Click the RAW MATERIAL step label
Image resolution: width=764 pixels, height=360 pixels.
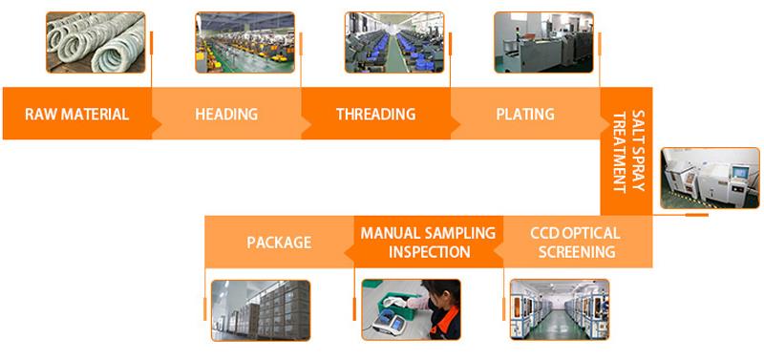[77, 115]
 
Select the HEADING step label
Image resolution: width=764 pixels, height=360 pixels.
[226, 115]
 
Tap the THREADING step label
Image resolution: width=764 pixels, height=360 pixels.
[375, 115]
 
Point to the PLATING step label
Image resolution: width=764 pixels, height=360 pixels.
[525, 115]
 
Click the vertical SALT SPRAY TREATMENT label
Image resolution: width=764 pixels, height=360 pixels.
[628, 152]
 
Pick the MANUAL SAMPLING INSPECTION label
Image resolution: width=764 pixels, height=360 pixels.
[428, 243]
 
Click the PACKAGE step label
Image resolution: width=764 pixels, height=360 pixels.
[279, 243]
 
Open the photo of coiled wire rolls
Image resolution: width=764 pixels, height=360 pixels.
[95, 42]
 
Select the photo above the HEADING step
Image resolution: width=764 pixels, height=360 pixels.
[244, 42]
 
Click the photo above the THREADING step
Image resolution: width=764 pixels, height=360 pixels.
[394, 42]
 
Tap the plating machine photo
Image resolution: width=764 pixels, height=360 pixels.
[543, 42]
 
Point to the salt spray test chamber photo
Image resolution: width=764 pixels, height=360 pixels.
[710, 179]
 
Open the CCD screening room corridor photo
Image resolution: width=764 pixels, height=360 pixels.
[560, 309]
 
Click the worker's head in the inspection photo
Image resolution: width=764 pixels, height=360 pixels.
[441, 292]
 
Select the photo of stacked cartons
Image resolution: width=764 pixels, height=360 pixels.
[261, 309]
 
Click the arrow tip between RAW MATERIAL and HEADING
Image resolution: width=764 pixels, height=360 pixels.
[160, 126]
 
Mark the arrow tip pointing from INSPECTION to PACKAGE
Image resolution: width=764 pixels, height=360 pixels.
[345, 252]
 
